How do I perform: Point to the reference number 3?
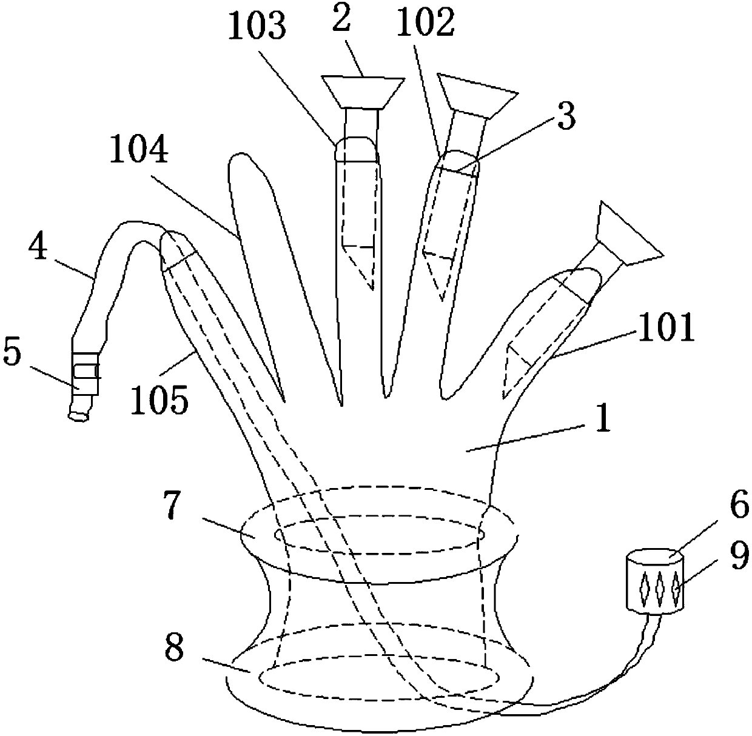click(565, 116)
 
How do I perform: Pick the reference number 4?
click(40, 249)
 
